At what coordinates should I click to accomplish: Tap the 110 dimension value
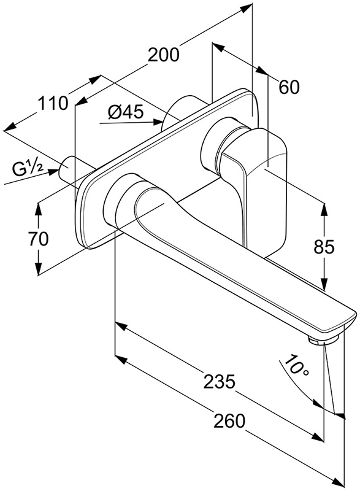[x=53, y=103]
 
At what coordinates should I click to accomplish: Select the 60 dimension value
[x=289, y=87]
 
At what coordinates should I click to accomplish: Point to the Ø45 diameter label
[x=126, y=112]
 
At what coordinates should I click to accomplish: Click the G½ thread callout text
[x=28, y=169]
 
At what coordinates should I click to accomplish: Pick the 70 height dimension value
[x=39, y=239]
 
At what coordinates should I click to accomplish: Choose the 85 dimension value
[x=324, y=247]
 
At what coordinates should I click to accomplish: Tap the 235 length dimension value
[x=219, y=382]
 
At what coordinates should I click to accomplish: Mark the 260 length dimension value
[x=229, y=421]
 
